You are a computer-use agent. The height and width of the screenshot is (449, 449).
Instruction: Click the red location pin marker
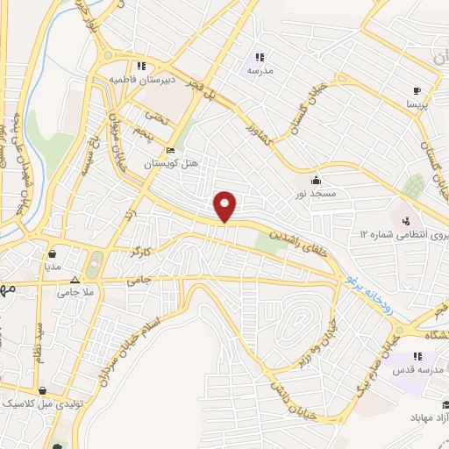click(x=226, y=205)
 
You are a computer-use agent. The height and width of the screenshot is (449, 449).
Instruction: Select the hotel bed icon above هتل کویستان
click(x=170, y=152)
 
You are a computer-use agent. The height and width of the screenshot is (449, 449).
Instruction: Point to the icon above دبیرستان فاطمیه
click(x=140, y=65)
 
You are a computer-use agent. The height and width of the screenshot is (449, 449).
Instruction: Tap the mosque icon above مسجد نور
click(x=316, y=175)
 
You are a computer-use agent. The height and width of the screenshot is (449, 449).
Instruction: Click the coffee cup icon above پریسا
click(x=417, y=90)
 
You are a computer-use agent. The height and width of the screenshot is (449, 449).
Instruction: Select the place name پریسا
click(x=416, y=103)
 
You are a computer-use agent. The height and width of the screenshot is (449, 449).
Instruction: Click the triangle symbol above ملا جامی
click(x=75, y=282)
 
